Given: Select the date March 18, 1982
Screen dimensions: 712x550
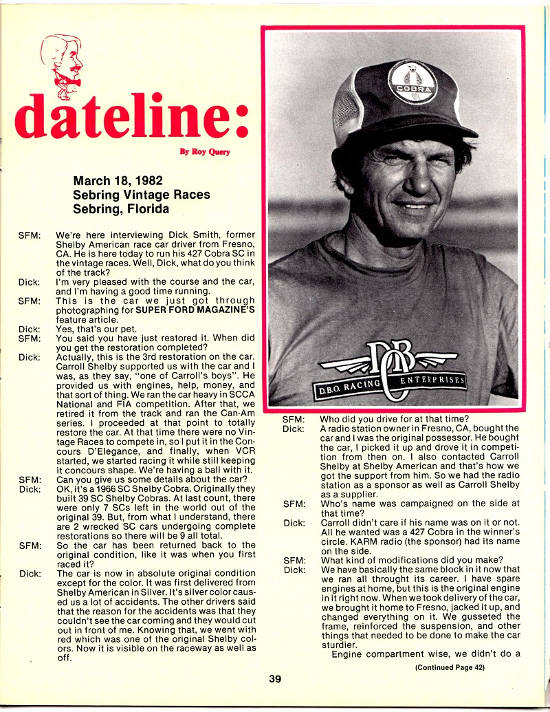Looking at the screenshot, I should pos(118,181).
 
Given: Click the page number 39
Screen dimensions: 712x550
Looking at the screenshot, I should pos(275,679).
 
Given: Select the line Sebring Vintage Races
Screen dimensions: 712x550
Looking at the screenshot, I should pos(141,195).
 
